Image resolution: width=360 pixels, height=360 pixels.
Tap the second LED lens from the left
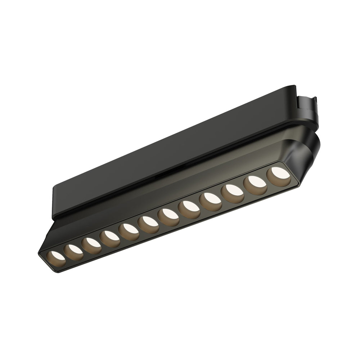click(x=73, y=252)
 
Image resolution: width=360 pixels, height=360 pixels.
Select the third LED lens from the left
click(x=91, y=245)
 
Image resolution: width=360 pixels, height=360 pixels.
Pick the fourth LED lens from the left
click(x=110, y=238)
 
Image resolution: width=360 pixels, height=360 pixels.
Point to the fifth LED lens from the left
click(x=129, y=231)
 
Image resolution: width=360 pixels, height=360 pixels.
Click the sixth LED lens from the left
click(x=148, y=224)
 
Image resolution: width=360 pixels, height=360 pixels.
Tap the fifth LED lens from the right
click(x=189, y=209)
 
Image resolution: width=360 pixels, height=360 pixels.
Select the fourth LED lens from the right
click(x=211, y=201)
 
